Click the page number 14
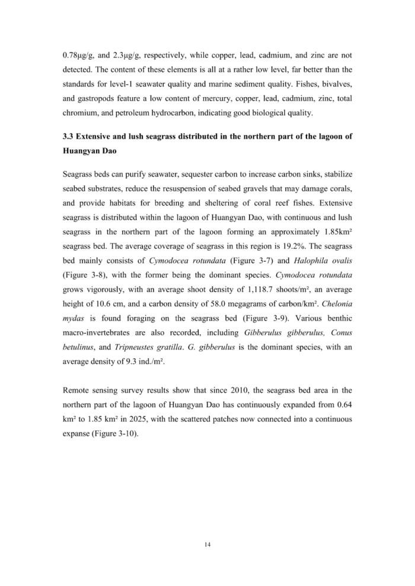click(x=207, y=544)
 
